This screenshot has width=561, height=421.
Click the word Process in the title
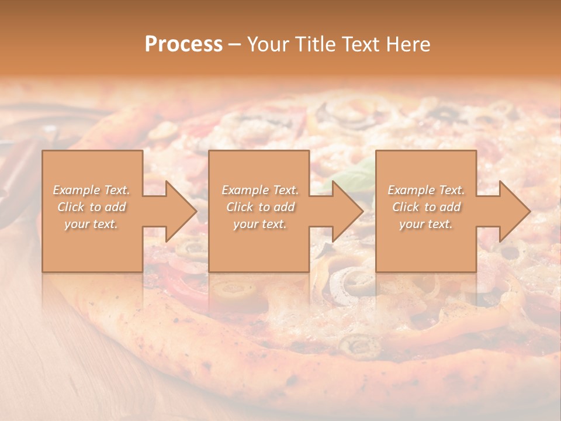(183, 44)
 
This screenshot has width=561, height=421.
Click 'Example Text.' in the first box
(91, 190)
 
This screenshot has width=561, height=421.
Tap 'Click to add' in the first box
(91, 207)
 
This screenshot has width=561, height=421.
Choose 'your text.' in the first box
(91, 224)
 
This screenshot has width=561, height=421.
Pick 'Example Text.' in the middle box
(260, 190)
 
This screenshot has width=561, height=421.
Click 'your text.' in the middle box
(260, 224)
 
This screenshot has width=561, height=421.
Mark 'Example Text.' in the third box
(426, 190)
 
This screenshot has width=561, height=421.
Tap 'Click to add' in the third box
(426, 207)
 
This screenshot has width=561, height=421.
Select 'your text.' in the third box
(426, 224)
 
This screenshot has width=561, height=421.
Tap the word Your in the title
(266, 44)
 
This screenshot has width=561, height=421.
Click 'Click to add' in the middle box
(260, 207)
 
